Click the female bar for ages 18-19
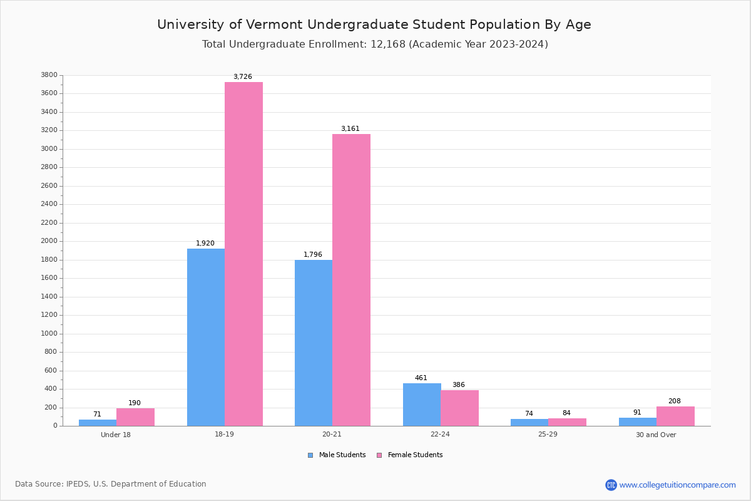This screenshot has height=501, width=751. [243, 254]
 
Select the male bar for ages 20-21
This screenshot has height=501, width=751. [314, 343]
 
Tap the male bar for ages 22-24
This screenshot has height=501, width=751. [422, 405]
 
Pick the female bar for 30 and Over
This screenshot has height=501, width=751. [675, 416]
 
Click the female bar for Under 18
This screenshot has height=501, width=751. [135, 417]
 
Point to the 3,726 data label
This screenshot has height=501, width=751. [243, 77]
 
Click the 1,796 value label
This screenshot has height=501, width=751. [313, 254]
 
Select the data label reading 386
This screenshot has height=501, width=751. [459, 385]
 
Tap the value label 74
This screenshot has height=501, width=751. [529, 414]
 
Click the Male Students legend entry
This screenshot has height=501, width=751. [342, 455]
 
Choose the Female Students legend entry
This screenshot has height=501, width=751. [414, 455]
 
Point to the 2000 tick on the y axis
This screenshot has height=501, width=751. [49, 241]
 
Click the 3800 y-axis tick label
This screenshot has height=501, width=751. [49, 75]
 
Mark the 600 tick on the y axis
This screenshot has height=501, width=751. [51, 370]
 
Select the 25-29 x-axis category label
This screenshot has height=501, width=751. [548, 435]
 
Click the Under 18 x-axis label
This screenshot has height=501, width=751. [116, 435]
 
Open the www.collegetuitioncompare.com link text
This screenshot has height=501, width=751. [677, 485]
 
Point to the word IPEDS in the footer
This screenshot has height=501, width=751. [78, 484]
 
